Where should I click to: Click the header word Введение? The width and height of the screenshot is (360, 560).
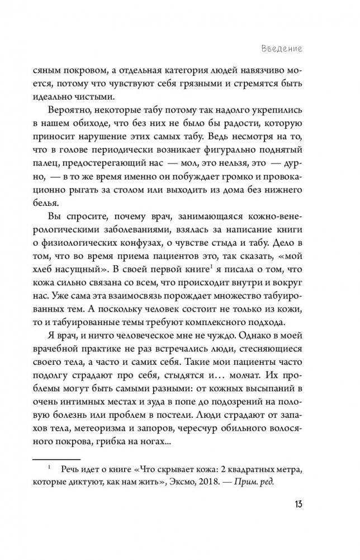[281, 49]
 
